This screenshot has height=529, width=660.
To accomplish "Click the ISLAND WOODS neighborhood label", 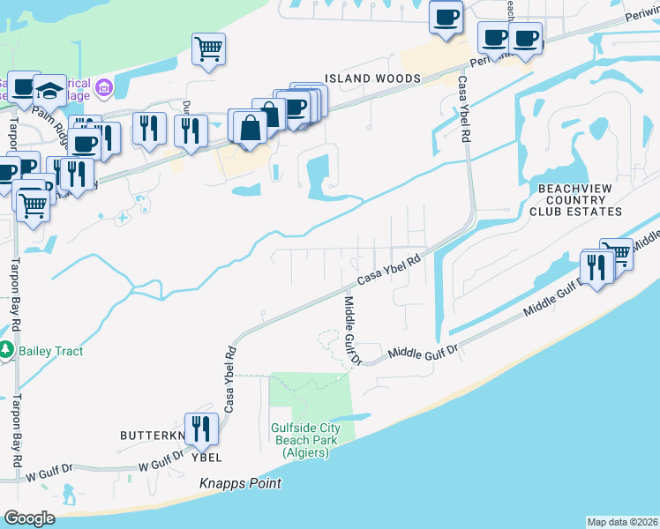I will point(362,78).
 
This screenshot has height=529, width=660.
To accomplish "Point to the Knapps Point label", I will point(239,483).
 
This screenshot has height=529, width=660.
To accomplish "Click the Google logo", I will point(29,518).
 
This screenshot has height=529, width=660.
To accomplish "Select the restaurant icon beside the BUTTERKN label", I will point(200,429).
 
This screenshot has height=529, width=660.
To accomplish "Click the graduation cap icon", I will point(49,90).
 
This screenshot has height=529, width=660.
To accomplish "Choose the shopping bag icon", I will point(251,127).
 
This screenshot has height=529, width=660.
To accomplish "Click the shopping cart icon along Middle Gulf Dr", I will point(617,254).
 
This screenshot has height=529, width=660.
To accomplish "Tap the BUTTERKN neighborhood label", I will point(153,436).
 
